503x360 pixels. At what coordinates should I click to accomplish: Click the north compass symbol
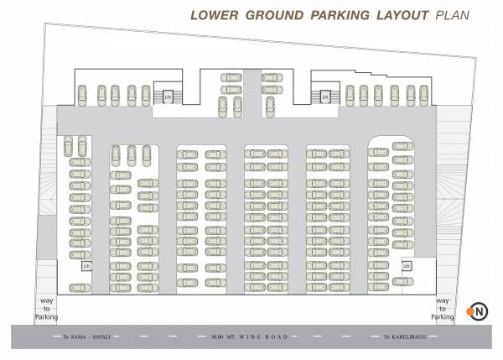coord(480,310)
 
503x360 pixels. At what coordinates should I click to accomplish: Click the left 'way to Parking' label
coord(45,309)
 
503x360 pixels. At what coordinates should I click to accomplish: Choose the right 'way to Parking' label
coord(442,309)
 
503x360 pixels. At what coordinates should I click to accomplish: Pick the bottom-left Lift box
coord(86,266)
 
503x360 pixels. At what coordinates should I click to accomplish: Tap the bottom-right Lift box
coord(407,266)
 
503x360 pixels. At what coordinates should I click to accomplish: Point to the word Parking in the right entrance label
coord(442,316)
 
